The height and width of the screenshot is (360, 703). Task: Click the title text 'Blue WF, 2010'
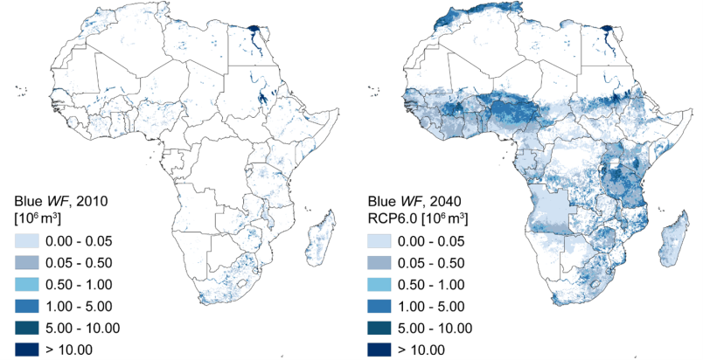(x=59, y=200)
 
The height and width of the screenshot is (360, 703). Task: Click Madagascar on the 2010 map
(x=320, y=239)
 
